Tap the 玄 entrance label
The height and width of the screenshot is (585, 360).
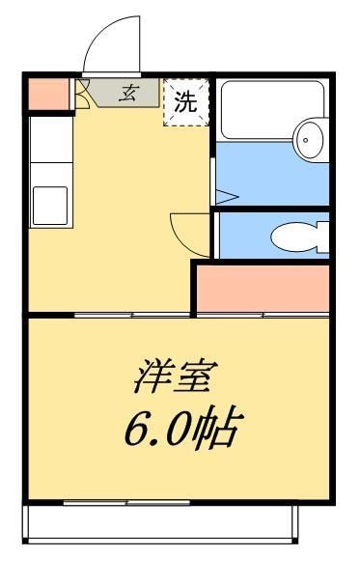point(128,94)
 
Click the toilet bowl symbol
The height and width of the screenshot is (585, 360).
point(291,236)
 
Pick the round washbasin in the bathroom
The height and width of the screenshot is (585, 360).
point(309,140)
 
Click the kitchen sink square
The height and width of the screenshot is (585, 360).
point(51,204)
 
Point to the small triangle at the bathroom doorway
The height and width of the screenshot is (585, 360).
point(224,197)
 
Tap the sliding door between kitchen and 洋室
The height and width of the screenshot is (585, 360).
point(106,315)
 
